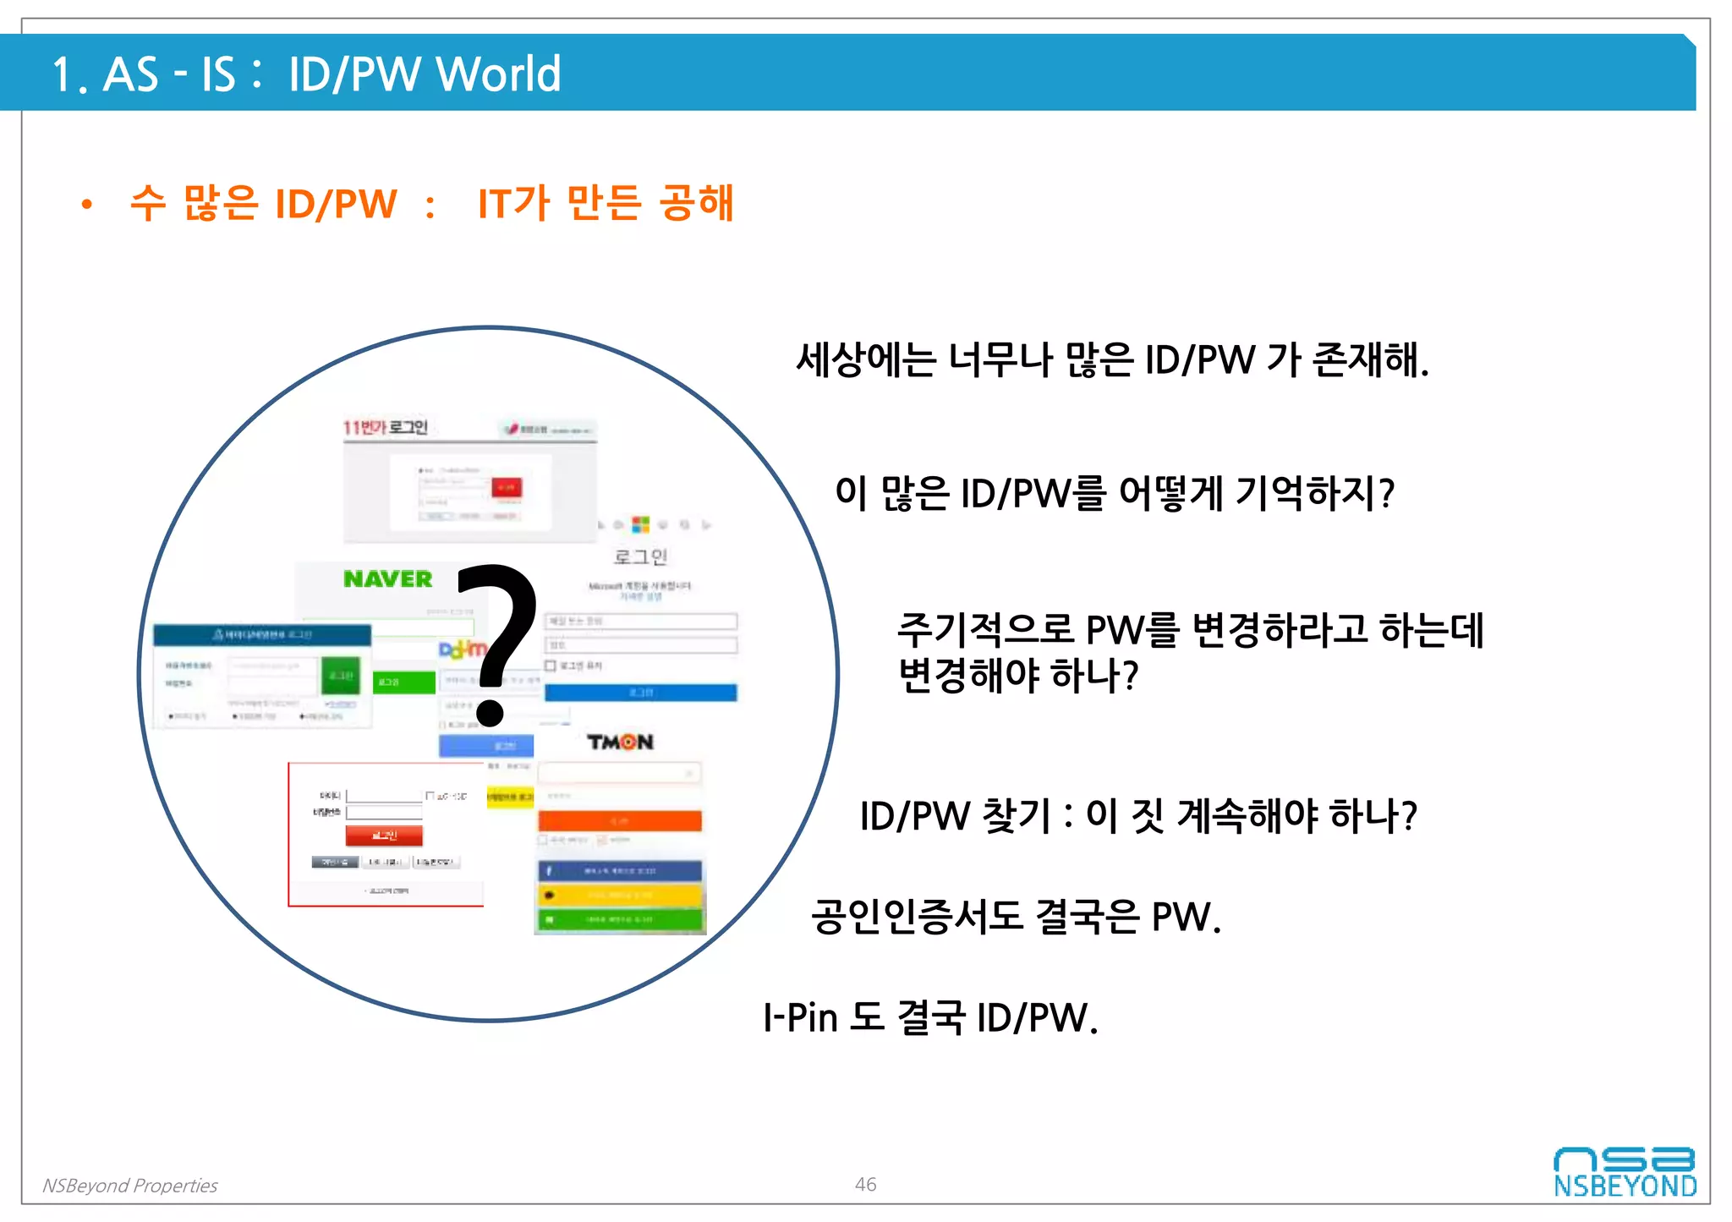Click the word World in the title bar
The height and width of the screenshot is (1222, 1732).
click(498, 74)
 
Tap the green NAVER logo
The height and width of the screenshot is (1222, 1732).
click(388, 579)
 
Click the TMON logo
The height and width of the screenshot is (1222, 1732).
click(620, 743)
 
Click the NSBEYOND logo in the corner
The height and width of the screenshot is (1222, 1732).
click(1625, 1172)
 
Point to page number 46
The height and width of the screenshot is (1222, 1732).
click(865, 1184)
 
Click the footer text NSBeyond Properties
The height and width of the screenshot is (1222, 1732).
click(130, 1186)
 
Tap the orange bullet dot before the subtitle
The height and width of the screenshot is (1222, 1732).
click(86, 205)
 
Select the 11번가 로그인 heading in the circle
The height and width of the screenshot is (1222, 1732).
click(385, 427)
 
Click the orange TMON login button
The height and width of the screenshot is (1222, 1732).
click(620, 820)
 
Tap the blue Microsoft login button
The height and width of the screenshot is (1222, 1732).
click(640, 693)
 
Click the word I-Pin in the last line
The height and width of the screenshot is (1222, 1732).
click(800, 1017)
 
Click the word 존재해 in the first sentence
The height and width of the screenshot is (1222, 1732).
click(1366, 359)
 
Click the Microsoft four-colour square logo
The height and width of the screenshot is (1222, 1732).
click(641, 524)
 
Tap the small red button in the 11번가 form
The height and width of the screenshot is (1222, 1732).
click(507, 488)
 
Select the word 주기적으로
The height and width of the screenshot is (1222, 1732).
click(984, 630)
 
